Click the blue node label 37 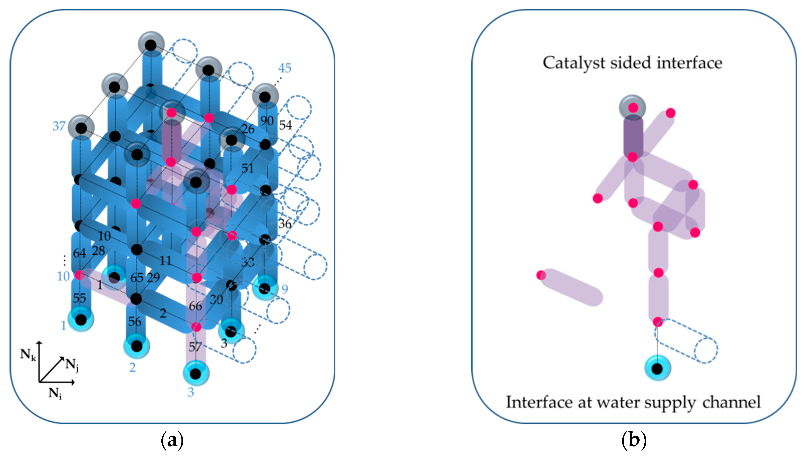(59, 126)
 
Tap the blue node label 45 (285, 68)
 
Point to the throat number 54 (286, 125)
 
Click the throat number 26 (248, 129)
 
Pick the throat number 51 (247, 168)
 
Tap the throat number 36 (285, 224)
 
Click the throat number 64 (79, 253)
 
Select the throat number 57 (195, 347)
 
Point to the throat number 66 (195, 306)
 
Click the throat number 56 (135, 322)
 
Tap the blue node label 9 (285, 289)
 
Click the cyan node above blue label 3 (196, 374)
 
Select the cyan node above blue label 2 (137, 346)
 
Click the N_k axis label (28, 355)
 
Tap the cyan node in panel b (657, 368)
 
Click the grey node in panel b (633, 108)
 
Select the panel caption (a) (172, 440)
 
